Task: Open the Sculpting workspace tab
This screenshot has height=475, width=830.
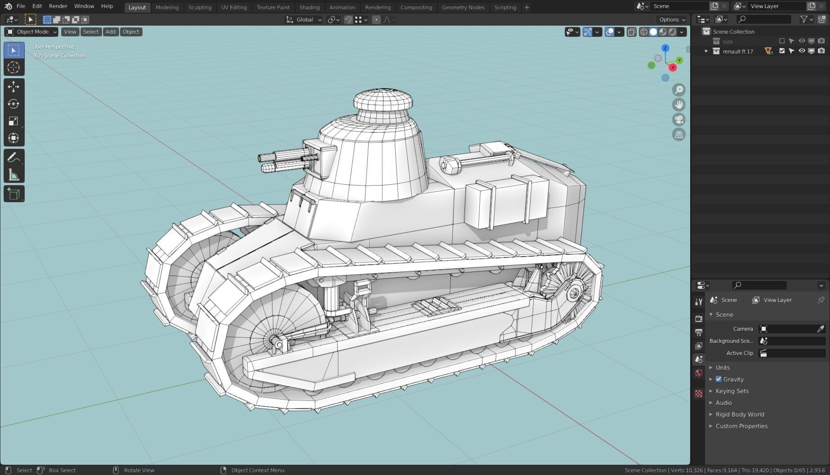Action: tap(200, 7)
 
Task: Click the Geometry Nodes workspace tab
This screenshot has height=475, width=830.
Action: tap(463, 7)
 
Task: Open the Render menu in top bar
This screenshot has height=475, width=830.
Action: tap(58, 6)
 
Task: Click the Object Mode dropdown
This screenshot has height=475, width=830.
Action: tap(31, 31)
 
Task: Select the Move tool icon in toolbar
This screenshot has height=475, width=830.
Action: tap(13, 86)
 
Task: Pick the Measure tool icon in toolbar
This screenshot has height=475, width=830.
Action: tap(13, 175)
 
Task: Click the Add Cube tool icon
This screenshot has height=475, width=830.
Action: tap(13, 194)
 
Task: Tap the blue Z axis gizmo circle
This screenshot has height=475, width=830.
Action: tap(665, 48)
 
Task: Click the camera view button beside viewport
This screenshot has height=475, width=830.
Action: tap(678, 120)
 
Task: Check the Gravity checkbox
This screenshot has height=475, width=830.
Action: tap(718, 379)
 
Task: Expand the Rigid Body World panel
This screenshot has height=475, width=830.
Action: tap(740, 414)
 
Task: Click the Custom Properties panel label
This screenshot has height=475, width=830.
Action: tap(741, 426)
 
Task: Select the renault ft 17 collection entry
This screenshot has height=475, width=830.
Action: tap(738, 51)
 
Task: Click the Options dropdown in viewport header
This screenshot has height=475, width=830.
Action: tap(672, 19)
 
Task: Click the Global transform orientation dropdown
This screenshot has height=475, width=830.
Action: tap(304, 19)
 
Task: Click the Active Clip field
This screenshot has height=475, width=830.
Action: tap(791, 353)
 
